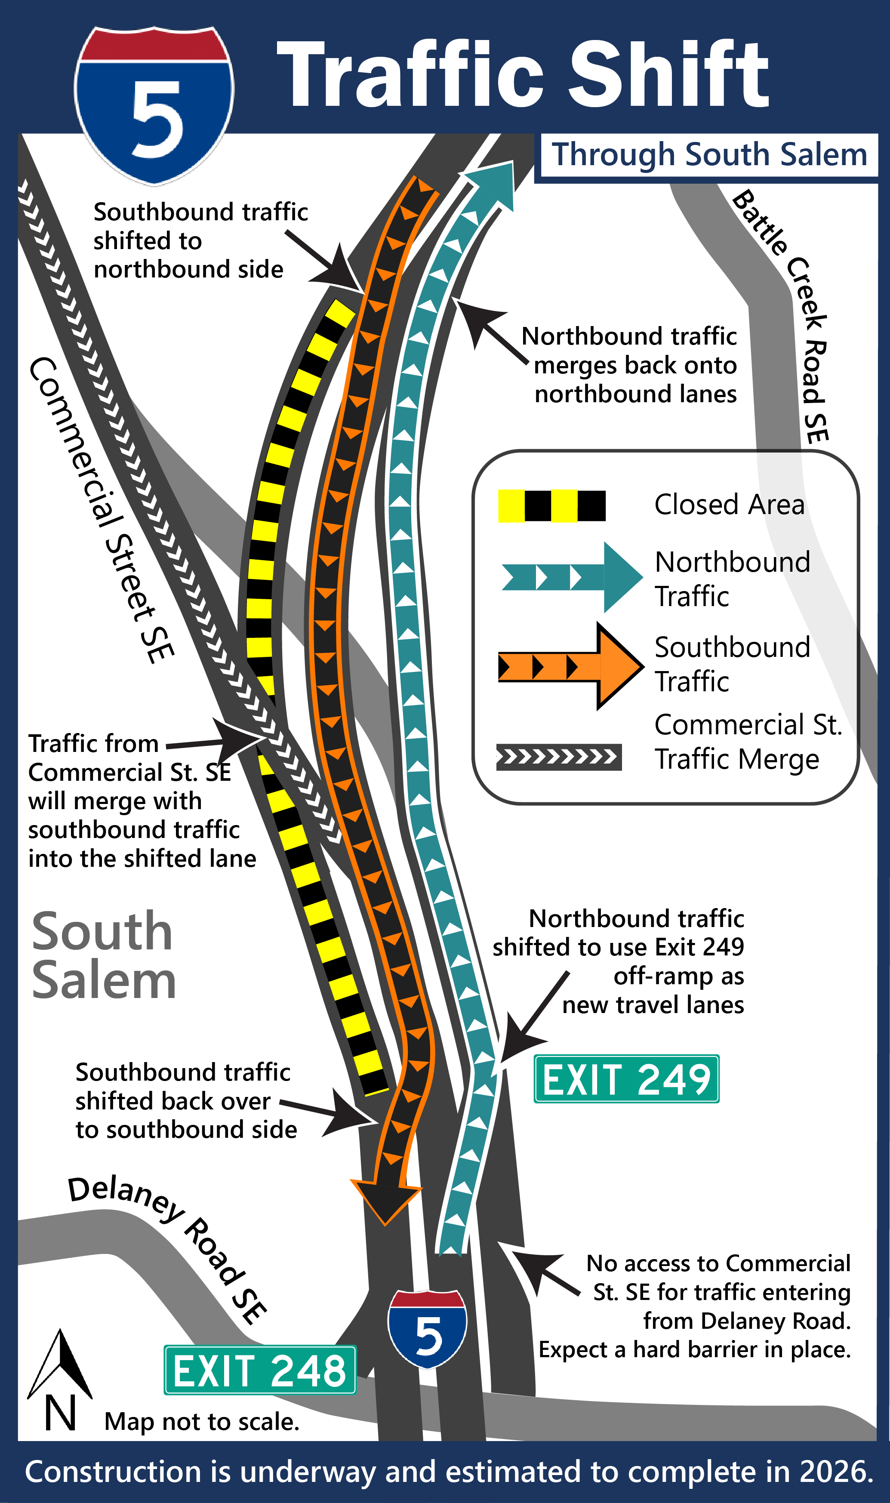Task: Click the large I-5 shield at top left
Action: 154,105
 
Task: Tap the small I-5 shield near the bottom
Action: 427,1328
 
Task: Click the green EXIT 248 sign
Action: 260,1371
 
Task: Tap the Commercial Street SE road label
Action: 102,510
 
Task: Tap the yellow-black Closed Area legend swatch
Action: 552,505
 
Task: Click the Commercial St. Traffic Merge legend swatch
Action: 558,757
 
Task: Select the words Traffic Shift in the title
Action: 522,75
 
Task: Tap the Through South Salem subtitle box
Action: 709,155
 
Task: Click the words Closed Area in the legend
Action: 729,505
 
